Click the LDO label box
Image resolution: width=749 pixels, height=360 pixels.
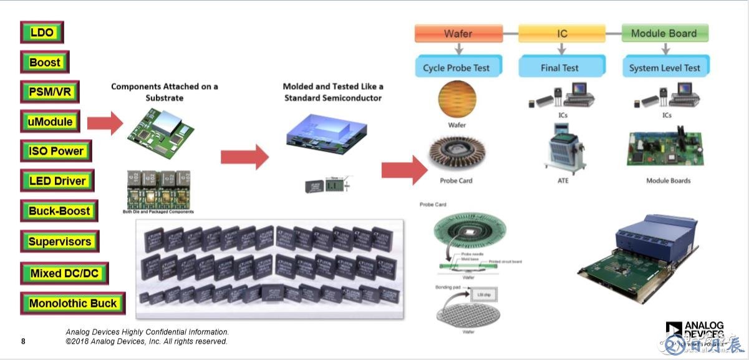42,32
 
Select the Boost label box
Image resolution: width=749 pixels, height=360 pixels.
45,62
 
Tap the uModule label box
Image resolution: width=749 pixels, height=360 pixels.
51,122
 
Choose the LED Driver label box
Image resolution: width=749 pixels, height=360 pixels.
57,181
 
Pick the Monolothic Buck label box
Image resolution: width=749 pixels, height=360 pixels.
73,304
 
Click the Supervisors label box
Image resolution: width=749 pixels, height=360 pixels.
60,241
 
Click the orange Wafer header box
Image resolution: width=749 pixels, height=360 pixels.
458,34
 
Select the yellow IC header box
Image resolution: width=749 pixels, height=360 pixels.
562,34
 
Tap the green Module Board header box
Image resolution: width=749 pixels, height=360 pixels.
665,34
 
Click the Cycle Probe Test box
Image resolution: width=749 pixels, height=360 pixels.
457,67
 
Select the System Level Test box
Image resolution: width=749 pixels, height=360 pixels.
664,67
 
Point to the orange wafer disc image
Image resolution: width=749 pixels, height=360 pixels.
457,99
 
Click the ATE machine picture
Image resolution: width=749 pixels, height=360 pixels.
564,150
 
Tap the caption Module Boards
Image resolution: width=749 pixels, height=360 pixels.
668,181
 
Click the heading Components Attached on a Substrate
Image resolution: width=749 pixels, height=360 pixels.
165,92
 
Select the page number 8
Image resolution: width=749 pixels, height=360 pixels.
23,341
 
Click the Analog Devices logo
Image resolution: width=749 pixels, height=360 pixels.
695,333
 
